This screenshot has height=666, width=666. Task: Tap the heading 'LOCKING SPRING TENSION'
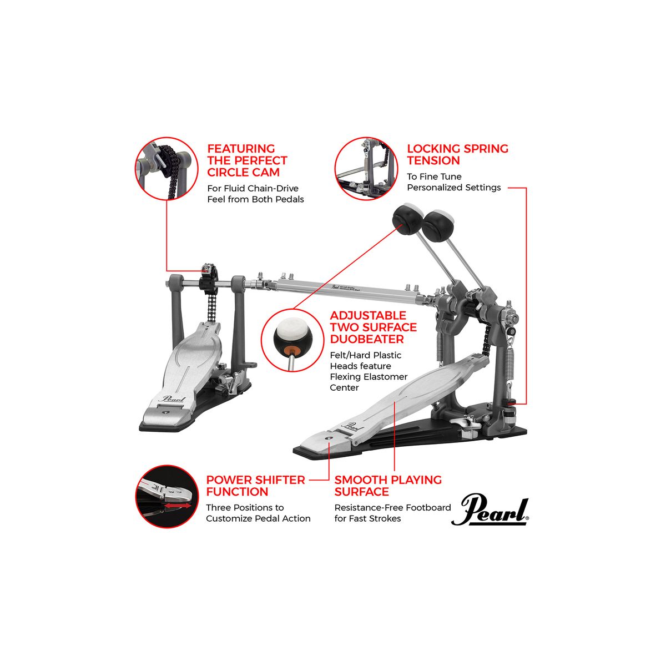coord(457,154)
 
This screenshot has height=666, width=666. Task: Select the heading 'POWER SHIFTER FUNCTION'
coord(255,486)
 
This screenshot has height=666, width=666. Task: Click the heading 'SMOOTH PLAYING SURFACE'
coord(388,486)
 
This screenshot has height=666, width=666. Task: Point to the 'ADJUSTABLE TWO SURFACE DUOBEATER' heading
coord(374,327)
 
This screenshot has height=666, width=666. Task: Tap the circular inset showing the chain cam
coord(167,168)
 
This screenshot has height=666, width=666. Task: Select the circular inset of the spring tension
coord(366,168)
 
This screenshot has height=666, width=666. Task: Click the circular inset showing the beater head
coord(292,341)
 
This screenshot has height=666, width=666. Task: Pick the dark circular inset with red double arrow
coord(167,496)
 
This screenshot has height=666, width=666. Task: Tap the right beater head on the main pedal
coord(436,225)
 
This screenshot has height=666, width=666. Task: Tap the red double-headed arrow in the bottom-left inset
coord(177,506)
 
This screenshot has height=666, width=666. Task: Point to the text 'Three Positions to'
coord(245,507)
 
